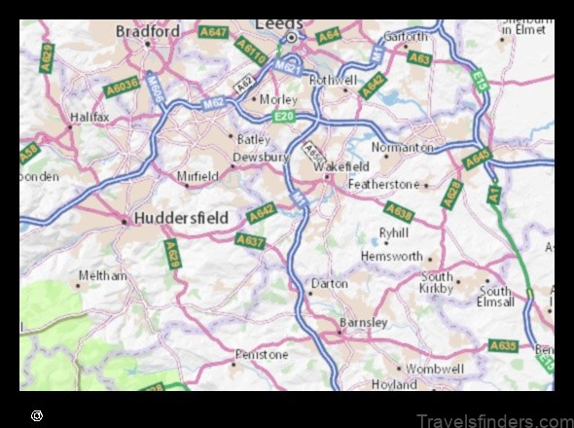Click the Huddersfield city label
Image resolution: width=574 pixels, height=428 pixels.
tap(182, 217)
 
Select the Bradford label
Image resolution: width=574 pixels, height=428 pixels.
tap(148, 30)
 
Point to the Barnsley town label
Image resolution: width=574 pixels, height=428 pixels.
tap(364, 322)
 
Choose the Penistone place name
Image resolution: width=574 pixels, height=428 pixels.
tap(262, 355)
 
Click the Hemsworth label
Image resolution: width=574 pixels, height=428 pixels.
tap(392, 256)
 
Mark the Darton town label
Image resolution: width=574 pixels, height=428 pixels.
tap(328, 284)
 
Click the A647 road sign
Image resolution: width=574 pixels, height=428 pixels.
tap(213, 32)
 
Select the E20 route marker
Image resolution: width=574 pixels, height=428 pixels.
tap(283, 117)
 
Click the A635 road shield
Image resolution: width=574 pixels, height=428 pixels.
tap(503, 345)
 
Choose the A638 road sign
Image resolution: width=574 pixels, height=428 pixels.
tap(399, 210)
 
